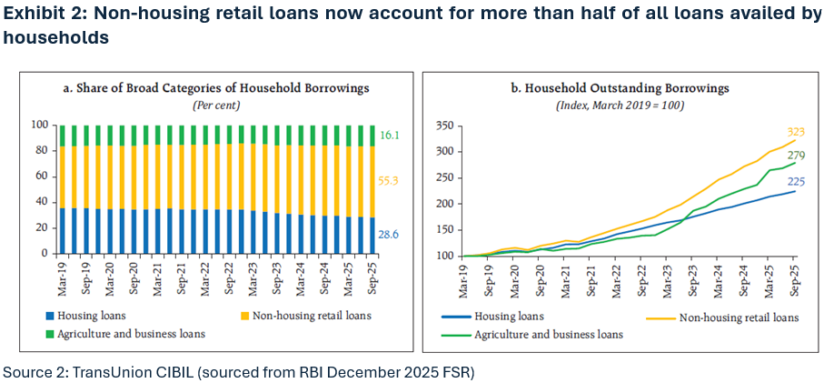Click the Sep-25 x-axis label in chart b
[x=796, y=277]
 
